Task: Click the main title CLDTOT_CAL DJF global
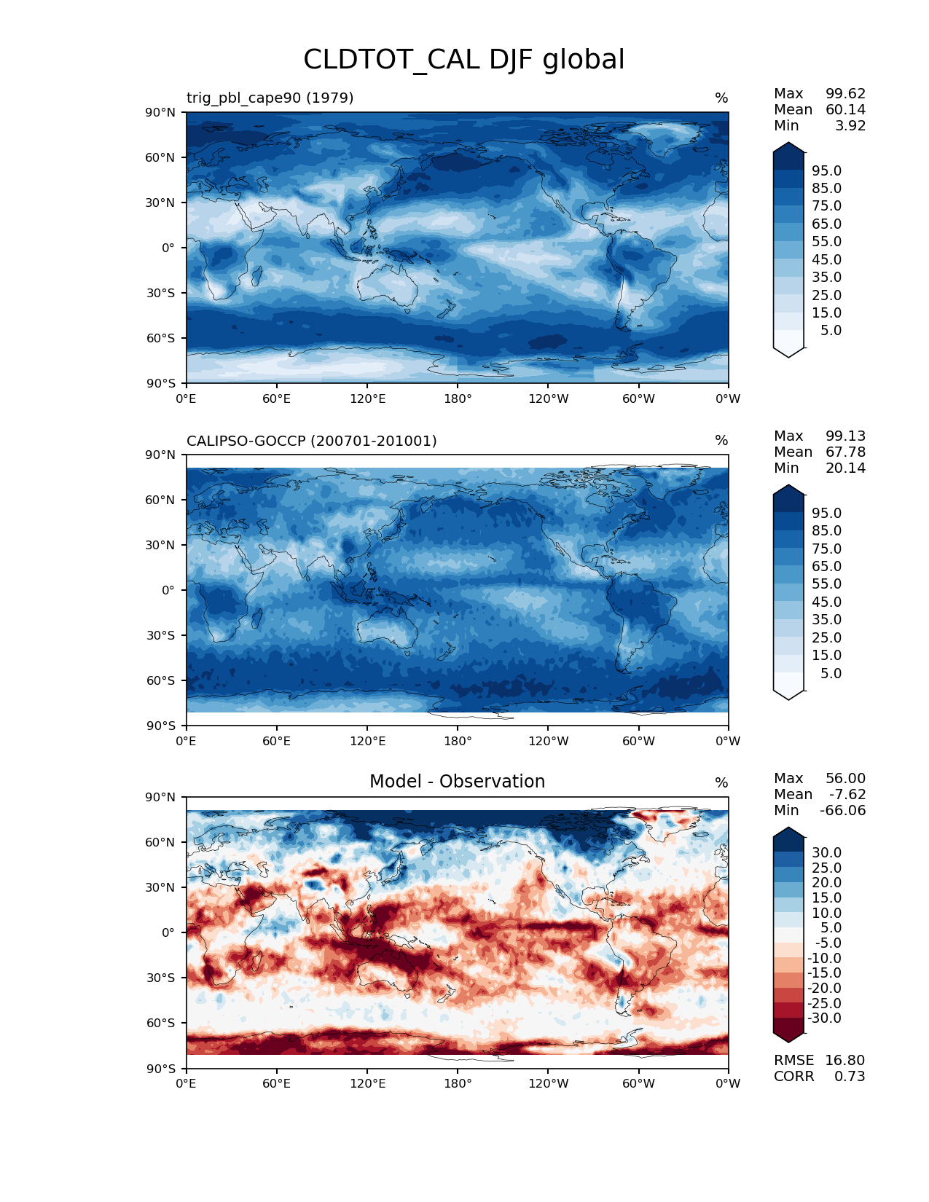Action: (463, 60)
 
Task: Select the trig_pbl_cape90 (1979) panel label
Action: (270, 98)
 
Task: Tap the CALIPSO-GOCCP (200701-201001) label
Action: (311, 441)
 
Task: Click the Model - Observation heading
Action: (457, 782)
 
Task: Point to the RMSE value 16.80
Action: (844, 1060)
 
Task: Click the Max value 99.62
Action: (845, 93)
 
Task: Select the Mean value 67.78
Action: (845, 452)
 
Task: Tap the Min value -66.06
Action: (842, 810)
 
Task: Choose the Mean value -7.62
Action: (847, 794)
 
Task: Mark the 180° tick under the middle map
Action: (458, 741)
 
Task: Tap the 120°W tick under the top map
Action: (549, 398)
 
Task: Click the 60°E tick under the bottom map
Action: (277, 1083)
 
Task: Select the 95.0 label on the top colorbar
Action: (826, 170)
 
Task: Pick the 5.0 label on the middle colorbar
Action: (831, 673)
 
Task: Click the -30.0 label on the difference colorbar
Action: (824, 1018)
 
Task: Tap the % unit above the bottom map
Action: (721, 782)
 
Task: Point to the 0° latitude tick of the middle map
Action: (168, 590)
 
